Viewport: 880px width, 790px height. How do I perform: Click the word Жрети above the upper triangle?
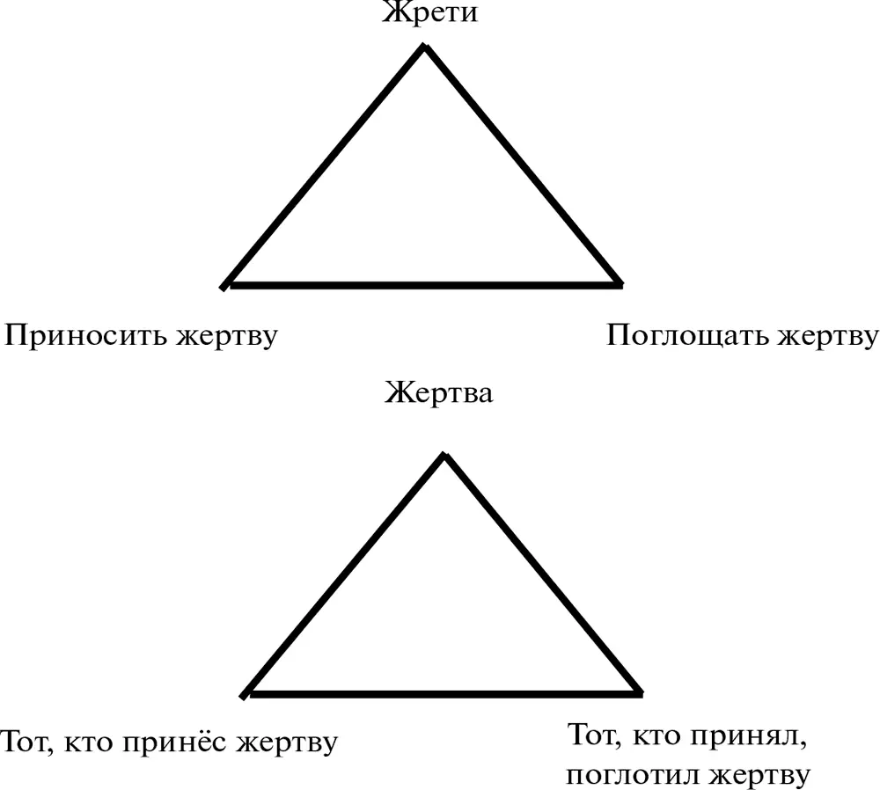pyautogui.click(x=430, y=12)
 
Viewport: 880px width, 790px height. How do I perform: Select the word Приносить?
pyautogui.click(x=86, y=335)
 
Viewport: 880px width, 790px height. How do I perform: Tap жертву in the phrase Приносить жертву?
pyautogui.click(x=227, y=337)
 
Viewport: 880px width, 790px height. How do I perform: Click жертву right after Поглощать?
pyautogui.click(x=827, y=337)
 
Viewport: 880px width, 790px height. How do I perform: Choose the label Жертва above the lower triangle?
pyautogui.click(x=439, y=392)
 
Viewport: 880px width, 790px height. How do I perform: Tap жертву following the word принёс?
pyautogui.click(x=287, y=742)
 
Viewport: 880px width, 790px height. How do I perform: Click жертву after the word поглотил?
pyautogui.click(x=759, y=775)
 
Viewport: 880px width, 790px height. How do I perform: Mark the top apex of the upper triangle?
pyautogui.click(x=425, y=46)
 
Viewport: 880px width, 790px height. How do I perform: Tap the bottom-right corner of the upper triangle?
pyautogui.click(x=620, y=285)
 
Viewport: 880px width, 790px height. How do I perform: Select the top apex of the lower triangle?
pyautogui.click(x=444, y=455)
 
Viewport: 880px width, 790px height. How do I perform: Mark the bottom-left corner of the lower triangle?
pyautogui.click(x=244, y=695)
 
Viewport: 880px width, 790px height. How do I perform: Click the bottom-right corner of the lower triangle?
pyautogui.click(x=641, y=694)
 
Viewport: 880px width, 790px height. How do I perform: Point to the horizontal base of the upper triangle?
pyautogui.click(x=424, y=286)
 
